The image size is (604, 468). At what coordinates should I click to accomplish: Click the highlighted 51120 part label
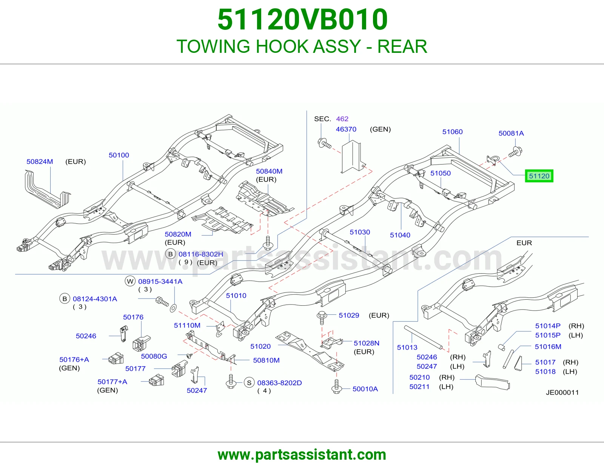pyautogui.click(x=539, y=176)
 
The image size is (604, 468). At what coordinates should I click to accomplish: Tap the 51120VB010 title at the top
pyautogui.click(x=302, y=20)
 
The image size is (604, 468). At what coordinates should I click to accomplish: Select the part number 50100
pyautogui.click(x=119, y=155)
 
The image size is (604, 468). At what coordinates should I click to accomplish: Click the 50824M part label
pyautogui.click(x=40, y=162)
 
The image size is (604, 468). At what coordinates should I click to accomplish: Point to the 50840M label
pyautogui.click(x=269, y=171)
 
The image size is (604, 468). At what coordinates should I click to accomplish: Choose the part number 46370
pyautogui.click(x=346, y=129)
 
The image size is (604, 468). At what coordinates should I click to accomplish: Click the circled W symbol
pyautogui.click(x=130, y=281)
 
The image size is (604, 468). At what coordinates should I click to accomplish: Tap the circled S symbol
pyautogui.click(x=249, y=383)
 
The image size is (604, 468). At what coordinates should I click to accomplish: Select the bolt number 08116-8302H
pyautogui.click(x=201, y=254)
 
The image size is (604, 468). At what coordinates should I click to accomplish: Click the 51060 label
pyautogui.click(x=453, y=132)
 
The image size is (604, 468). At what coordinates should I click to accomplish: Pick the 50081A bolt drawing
pyautogui.click(x=515, y=152)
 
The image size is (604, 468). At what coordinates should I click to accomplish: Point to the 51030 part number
pyautogui.click(x=360, y=232)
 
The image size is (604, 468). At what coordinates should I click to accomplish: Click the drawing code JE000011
pyautogui.click(x=562, y=393)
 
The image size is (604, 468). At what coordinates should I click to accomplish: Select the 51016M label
pyautogui.click(x=548, y=346)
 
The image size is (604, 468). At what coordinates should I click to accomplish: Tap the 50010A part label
pyautogui.click(x=365, y=389)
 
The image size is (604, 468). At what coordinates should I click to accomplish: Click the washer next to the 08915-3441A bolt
pyautogui.click(x=173, y=308)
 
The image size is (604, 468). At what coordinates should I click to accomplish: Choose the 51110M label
pyautogui.click(x=187, y=325)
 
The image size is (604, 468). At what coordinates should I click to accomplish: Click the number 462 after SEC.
pyautogui.click(x=342, y=119)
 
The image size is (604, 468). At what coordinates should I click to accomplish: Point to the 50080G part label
pyautogui.click(x=154, y=356)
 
